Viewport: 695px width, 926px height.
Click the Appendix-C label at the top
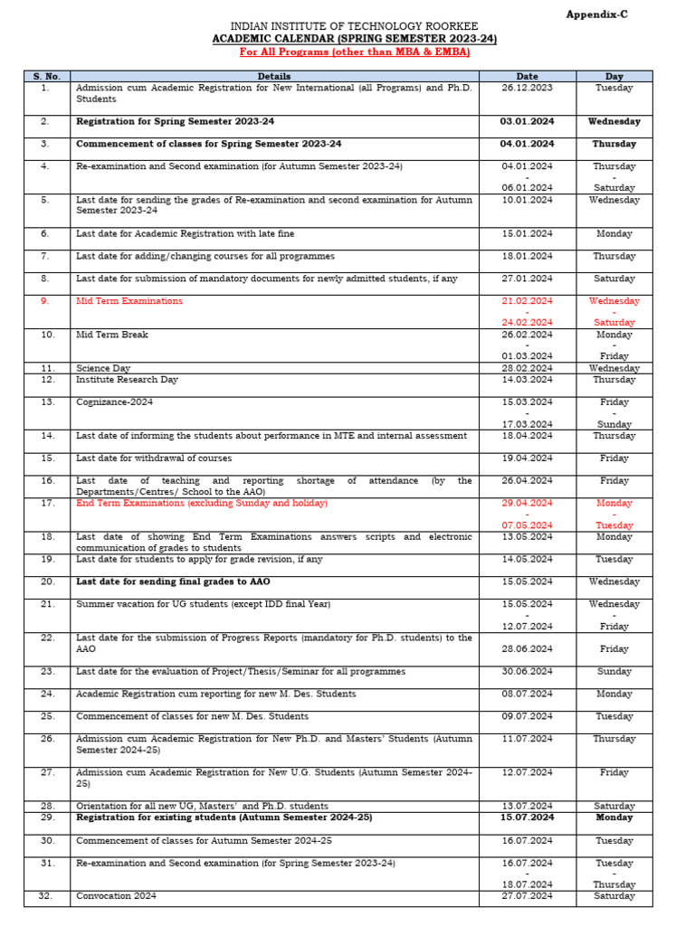pyautogui.click(x=596, y=14)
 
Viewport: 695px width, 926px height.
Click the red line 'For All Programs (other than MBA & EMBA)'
pyautogui.click(x=354, y=52)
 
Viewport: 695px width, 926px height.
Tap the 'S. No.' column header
pyautogui.click(x=46, y=77)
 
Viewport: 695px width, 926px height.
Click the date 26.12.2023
pyautogui.click(x=527, y=88)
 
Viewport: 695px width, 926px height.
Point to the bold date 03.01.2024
pyautogui.click(x=527, y=121)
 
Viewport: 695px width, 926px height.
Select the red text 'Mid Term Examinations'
pyautogui.click(x=129, y=301)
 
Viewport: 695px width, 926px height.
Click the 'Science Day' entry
pyautogui.click(x=103, y=369)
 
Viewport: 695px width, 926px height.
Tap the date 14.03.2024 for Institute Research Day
pyautogui.click(x=527, y=380)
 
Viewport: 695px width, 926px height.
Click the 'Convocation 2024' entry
pyautogui.click(x=117, y=896)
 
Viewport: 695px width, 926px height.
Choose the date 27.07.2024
pyautogui.click(x=527, y=896)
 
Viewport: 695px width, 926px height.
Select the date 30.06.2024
pyautogui.click(x=527, y=672)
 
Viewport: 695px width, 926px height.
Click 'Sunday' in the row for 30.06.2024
pyautogui.click(x=614, y=672)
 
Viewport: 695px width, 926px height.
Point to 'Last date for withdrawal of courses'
pyautogui.click(x=154, y=458)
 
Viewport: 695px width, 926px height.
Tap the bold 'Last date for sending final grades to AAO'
pyautogui.click(x=173, y=581)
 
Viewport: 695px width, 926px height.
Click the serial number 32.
pyautogui.click(x=46, y=896)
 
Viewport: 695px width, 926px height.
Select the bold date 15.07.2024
pyautogui.click(x=527, y=817)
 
